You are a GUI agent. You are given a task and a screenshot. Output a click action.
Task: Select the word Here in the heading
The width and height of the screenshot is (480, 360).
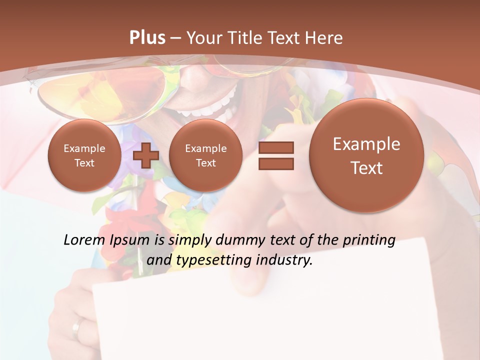325,38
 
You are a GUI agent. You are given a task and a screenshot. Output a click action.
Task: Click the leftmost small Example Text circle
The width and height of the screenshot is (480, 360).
84,155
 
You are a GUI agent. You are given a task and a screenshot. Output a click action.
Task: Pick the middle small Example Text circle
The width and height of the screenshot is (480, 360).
205,155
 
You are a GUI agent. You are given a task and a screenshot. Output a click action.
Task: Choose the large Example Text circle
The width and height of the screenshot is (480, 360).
366,155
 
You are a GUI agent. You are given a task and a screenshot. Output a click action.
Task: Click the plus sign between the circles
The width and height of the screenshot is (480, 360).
146,155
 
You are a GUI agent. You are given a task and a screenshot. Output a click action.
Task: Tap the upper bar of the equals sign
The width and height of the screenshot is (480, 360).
275,147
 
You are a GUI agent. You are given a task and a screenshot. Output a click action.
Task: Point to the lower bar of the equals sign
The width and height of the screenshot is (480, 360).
275,163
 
